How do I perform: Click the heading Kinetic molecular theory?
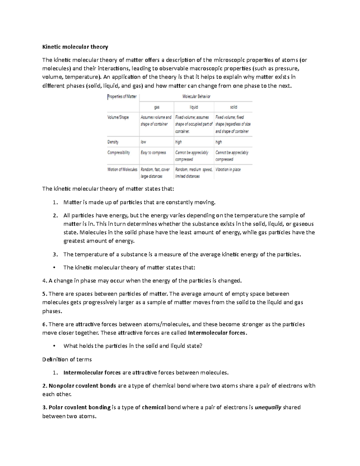click(75, 47)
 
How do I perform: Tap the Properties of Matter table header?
click(122, 97)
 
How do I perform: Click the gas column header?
click(157, 107)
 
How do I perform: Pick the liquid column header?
click(194, 107)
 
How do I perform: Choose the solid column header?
click(233, 107)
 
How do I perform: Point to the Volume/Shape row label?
click(118, 117)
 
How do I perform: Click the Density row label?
click(113, 142)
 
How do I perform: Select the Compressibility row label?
click(118, 152)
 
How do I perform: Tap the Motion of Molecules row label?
click(122, 170)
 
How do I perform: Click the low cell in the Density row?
click(143, 142)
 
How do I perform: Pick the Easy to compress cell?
click(153, 152)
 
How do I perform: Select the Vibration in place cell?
click(228, 170)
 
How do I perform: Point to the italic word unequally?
click(268, 407)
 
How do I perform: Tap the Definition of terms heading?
click(67, 359)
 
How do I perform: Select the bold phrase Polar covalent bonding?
click(79, 407)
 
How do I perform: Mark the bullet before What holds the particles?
click(54, 346)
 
